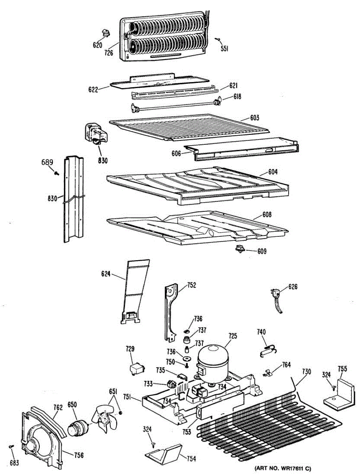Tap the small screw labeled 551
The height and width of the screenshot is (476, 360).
click(x=218, y=39)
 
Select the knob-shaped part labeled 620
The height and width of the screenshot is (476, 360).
click(x=106, y=32)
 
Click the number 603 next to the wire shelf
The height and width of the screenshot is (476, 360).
click(x=254, y=118)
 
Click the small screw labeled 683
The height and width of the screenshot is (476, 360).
click(x=12, y=447)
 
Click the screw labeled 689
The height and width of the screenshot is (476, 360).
click(x=57, y=172)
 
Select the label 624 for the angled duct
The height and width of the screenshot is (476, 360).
click(x=106, y=273)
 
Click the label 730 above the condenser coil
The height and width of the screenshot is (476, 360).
click(x=306, y=372)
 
